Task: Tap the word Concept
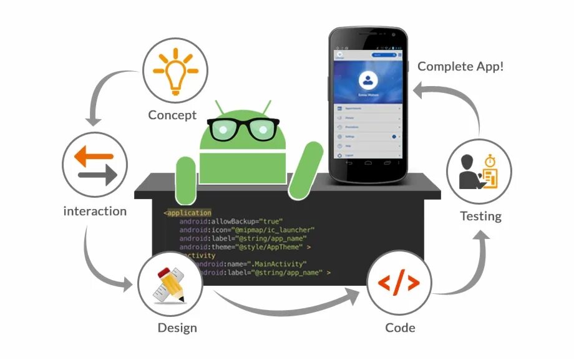tap(172, 115)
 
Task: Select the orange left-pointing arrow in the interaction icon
tap(94, 157)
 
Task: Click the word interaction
tap(95, 211)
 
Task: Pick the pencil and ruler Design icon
tap(170, 285)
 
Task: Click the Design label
tap(177, 328)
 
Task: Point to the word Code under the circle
tap(400, 328)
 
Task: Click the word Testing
tap(480, 216)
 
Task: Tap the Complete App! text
tap(460, 66)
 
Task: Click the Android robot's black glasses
tap(243, 129)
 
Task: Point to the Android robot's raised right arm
tap(308, 168)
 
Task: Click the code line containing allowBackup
tap(231, 221)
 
